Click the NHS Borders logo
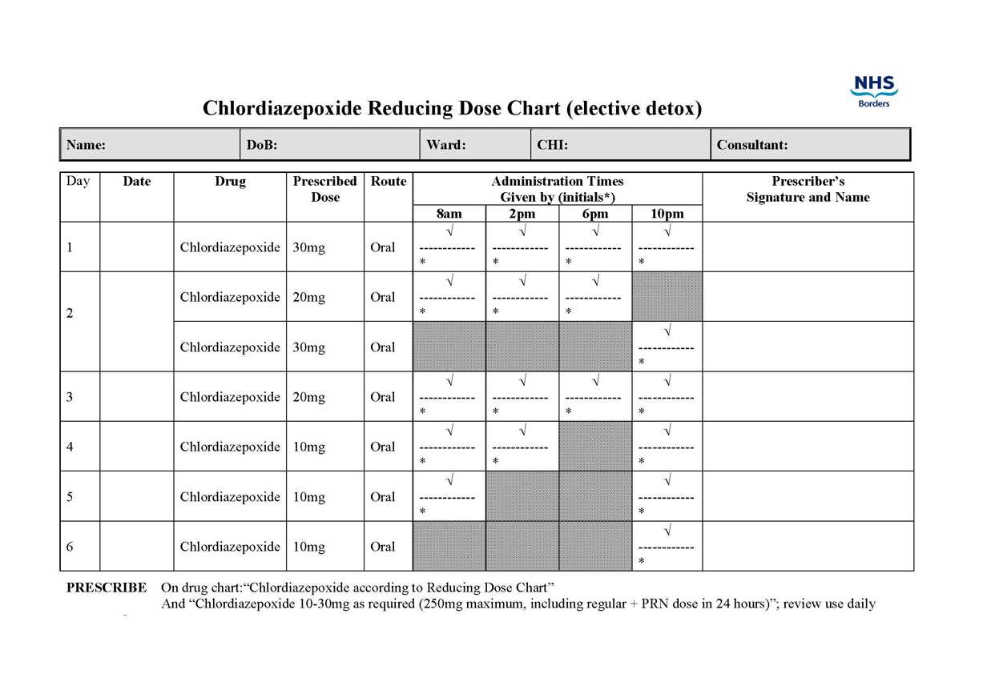pyautogui.click(x=873, y=90)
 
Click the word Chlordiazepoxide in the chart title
pyautogui.click(x=282, y=108)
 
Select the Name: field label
pyautogui.click(x=86, y=145)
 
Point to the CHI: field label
pyautogui.click(x=553, y=145)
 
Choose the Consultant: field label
pyautogui.click(x=752, y=145)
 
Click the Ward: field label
pyautogui.click(x=446, y=145)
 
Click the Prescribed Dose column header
pyautogui.click(x=324, y=189)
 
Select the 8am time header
pyautogui.click(x=449, y=214)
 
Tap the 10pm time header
pyautogui.click(x=667, y=214)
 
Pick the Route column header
pyautogui.click(x=388, y=182)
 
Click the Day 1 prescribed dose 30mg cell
pyautogui.click(x=309, y=247)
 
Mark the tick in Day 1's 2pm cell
pyautogui.click(x=522, y=231)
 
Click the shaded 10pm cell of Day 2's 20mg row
pyautogui.click(x=667, y=296)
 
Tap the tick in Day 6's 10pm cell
pyautogui.click(x=667, y=531)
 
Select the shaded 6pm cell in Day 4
pyautogui.click(x=594, y=446)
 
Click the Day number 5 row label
pyautogui.click(x=70, y=496)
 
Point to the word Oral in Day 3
pyautogui.click(x=382, y=397)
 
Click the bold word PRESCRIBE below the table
pyautogui.click(x=106, y=588)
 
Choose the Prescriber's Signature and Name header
pyautogui.click(x=808, y=189)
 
